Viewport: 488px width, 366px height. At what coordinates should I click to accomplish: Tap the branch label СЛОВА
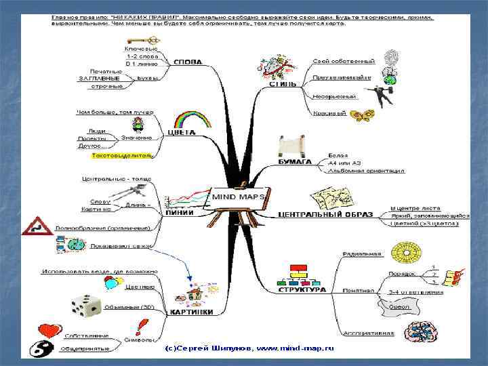click(188, 62)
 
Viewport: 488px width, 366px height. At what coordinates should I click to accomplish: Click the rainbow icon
click(191, 120)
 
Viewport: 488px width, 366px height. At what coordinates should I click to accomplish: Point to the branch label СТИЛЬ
click(283, 85)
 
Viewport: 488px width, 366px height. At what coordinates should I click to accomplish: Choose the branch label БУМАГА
click(294, 163)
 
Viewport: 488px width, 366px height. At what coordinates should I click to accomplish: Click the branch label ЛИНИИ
click(180, 212)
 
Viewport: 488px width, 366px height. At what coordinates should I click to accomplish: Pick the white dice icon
click(86, 306)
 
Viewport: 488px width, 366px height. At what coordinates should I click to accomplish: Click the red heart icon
click(49, 331)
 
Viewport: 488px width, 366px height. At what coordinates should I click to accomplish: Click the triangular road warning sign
click(37, 226)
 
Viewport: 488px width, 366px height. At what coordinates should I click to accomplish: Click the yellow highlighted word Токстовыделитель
click(122, 156)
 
